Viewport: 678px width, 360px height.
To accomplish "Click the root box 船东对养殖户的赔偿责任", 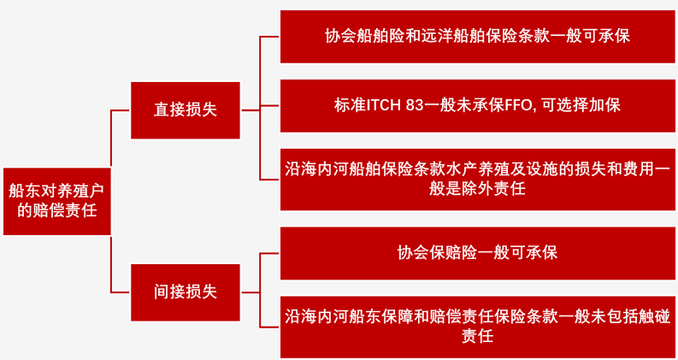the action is tap(57, 201).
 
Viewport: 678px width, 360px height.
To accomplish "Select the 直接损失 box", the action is tap(186, 110).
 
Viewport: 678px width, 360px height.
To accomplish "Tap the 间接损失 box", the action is tap(186, 292).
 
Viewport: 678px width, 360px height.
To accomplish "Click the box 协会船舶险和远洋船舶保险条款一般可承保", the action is tap(478, 37).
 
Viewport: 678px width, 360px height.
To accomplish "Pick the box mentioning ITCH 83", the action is tap(478, 106).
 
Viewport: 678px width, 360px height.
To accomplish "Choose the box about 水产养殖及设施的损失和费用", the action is tap(478, 180).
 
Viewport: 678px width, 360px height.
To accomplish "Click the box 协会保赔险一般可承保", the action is tap(478, 254).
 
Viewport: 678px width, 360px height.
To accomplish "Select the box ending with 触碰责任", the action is tap(478, 328).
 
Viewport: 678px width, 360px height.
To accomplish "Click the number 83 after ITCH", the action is tap(414, 105).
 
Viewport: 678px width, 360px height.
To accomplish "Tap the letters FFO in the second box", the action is tap(518, 105).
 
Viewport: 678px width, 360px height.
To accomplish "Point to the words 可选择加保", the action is tap(581, 105).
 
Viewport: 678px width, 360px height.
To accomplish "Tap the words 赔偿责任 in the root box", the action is tap(65, 211).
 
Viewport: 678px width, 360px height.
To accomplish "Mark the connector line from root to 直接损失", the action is tap(111, 138).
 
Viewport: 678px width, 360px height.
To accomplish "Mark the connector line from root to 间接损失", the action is tap(111, 264).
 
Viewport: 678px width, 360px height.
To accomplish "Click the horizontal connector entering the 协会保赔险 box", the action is tap(270, 254).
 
